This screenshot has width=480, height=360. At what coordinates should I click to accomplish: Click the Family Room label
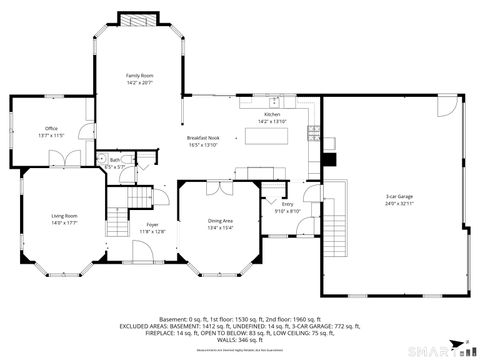139,76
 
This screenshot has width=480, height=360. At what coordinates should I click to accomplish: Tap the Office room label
50,129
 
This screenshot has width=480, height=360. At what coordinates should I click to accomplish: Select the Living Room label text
64,217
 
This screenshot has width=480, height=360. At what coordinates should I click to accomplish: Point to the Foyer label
152,225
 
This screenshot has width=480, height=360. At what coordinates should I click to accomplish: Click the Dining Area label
220,221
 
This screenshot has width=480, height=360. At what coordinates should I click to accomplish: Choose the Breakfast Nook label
202,138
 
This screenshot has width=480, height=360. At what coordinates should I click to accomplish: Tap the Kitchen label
272,116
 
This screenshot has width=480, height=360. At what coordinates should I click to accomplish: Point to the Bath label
116,161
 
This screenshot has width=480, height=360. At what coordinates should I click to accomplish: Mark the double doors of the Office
65,158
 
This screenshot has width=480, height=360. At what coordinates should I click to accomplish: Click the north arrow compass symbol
466,345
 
